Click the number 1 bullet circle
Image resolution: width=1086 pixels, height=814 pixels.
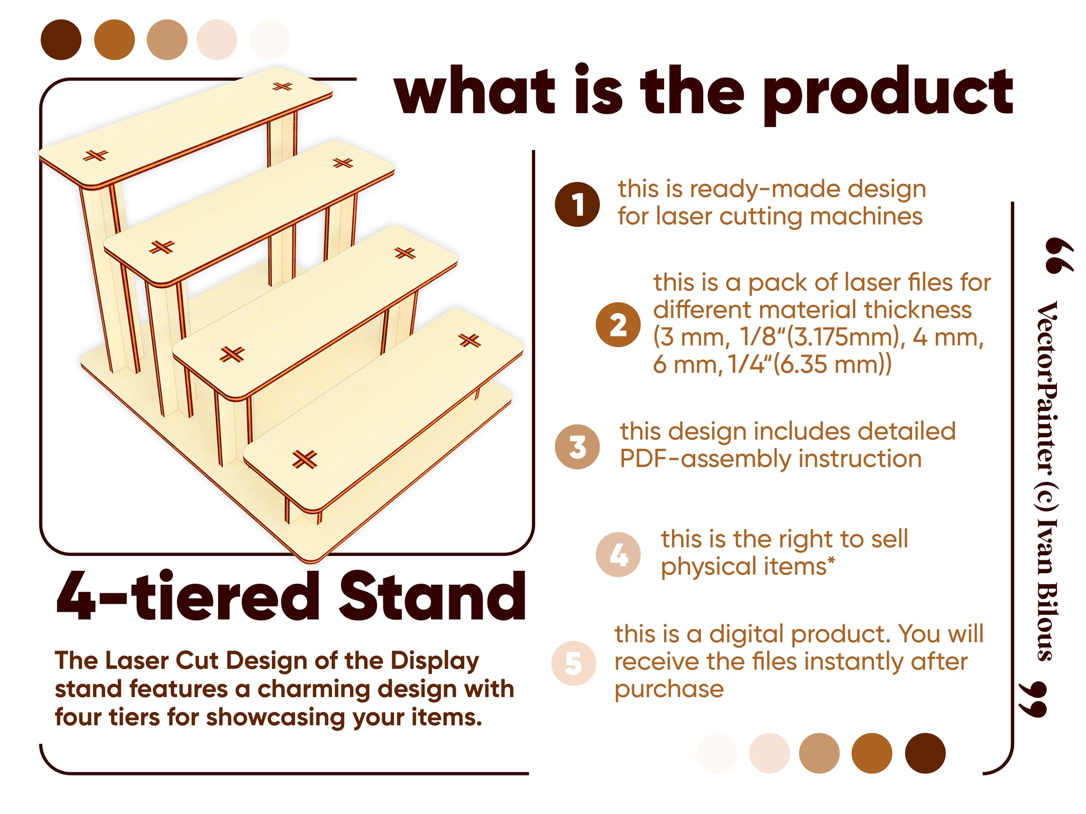point(577,204)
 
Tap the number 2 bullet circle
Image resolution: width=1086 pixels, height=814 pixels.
point(618,325)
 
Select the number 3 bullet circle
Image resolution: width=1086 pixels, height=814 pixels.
point(577,447)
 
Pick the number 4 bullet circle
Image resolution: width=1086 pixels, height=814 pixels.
point(618,554)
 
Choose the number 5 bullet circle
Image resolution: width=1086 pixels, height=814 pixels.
point(573,663)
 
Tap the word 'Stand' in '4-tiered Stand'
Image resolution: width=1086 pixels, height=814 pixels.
point(433,596)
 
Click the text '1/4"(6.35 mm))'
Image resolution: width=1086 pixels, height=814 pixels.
point(810,365)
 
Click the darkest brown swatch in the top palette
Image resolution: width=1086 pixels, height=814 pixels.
point(61,40)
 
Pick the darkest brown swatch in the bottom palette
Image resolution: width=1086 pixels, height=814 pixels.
point(925,753)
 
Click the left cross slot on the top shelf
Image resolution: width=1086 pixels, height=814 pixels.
point(95,155)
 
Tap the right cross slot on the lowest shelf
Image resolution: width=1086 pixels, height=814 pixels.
point(469,340)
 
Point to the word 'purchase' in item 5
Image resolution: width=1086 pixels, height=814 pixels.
point(669,690)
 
